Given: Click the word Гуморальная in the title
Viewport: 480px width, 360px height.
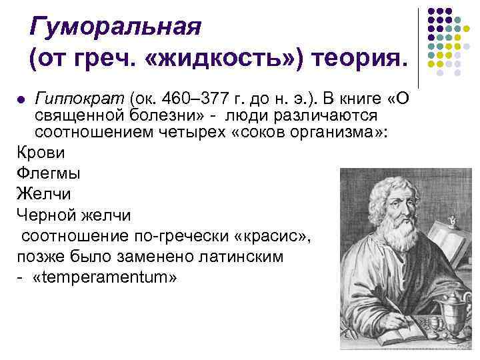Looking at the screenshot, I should pos(115,28).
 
